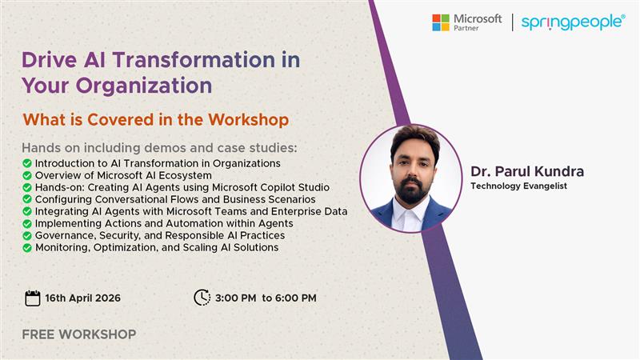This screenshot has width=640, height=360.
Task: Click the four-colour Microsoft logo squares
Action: pyautogui.click(x=441, y=22)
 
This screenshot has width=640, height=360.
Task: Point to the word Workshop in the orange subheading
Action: pyautogui.click(x=248, y=120)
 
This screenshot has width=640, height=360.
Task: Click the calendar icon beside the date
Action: pyautogui.click(x=33, y=298)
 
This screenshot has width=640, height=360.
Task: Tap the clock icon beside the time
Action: pyautogui.click(x=202, y=298)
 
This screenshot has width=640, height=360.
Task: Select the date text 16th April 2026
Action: pyautogui.click(x=84, y=298)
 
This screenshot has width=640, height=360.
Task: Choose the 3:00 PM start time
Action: pyautogui.click(x=235, y=298)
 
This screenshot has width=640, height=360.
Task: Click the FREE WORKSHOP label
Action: pyautogui.click(x=79, y=334)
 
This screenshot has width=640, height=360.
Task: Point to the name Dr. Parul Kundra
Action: pyautogui.click(x=527, y=172)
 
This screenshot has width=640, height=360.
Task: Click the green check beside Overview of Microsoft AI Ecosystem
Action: pyautogui.click(x=28, y=176)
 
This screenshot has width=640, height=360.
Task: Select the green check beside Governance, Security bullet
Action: pyautogui.click(x=28, y=236)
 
